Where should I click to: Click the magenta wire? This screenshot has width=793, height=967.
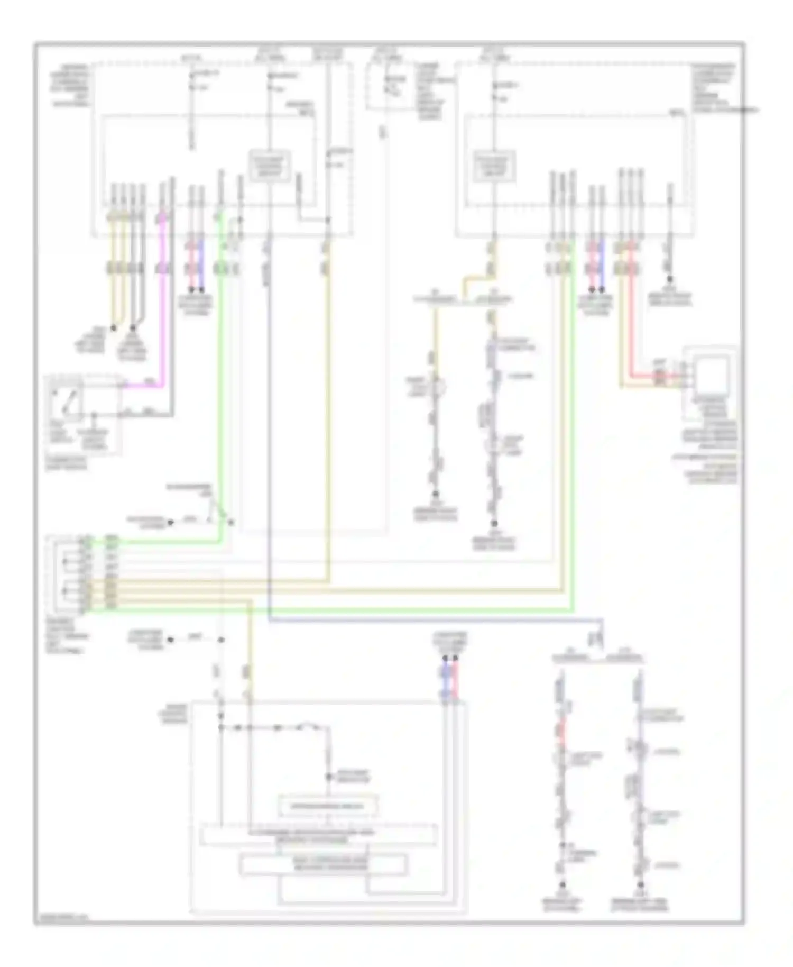point(164,317)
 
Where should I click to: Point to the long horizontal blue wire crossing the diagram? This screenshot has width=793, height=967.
point(423,618)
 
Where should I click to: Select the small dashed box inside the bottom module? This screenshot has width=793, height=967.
point(328,806)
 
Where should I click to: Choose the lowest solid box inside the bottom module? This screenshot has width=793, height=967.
point(324,864)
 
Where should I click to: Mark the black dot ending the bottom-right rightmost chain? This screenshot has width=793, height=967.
point(640,884)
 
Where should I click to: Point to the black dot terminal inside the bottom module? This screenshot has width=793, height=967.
point(328,777)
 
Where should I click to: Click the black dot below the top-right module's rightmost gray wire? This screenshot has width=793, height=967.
point(670,279)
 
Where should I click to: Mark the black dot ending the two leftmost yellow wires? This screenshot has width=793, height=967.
point(113,328)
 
